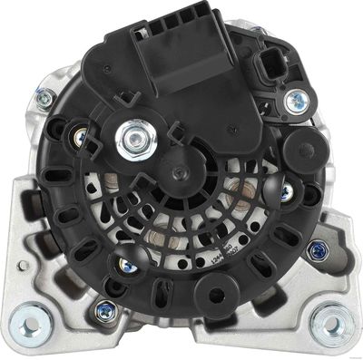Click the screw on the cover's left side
click(80, 137)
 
